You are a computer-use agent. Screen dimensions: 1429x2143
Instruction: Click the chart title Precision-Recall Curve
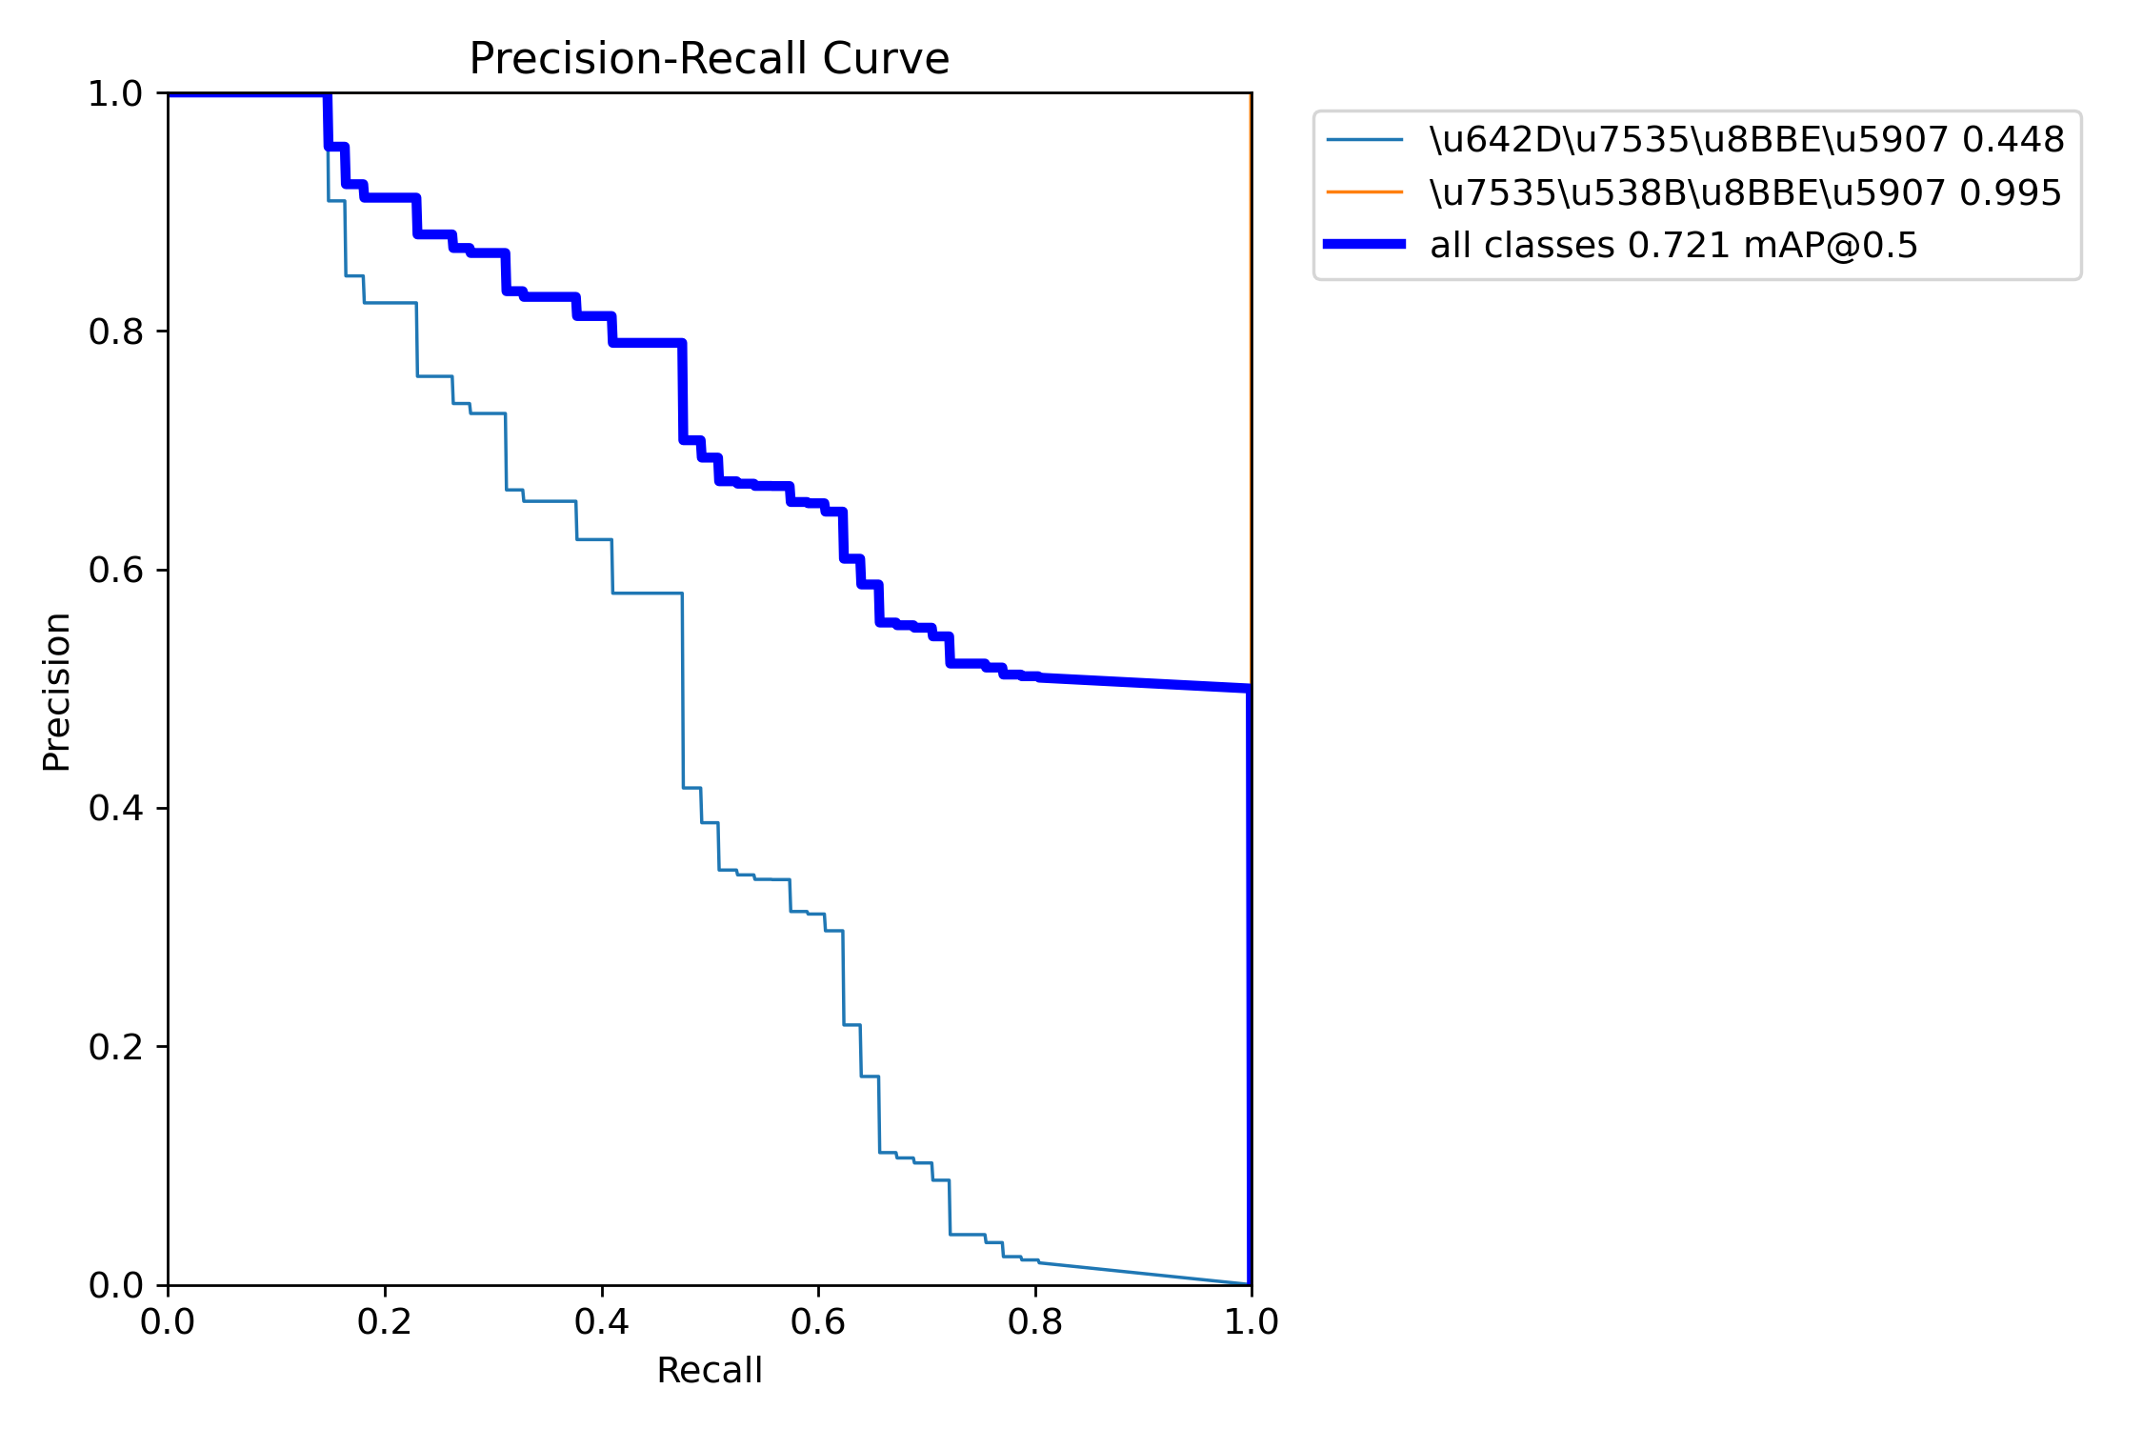point(709,59)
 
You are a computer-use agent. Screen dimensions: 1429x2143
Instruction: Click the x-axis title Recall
point(709,1370)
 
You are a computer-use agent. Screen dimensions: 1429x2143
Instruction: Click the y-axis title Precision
point(57,692)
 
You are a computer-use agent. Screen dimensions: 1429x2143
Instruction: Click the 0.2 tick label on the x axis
point(384,1321)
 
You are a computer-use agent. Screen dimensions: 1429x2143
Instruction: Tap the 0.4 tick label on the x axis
point(601,1321)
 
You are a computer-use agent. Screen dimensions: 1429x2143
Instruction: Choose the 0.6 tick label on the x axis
point(818,1321)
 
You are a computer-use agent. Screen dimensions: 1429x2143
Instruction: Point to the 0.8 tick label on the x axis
point(1035,1321)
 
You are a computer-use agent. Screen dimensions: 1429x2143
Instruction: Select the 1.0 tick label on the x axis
point(1252,1321)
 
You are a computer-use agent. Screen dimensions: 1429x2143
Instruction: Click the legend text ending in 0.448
point(1747,140)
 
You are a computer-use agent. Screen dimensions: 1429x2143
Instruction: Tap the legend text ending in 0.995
point(1745,192)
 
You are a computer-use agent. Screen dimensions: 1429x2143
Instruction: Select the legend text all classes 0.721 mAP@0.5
point(1673,245)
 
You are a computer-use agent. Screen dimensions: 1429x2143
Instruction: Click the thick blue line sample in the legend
point(1364,245)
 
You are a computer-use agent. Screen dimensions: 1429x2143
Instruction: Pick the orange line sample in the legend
point(1364,192)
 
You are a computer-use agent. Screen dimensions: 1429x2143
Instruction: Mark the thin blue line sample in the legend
point(1364,140)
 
